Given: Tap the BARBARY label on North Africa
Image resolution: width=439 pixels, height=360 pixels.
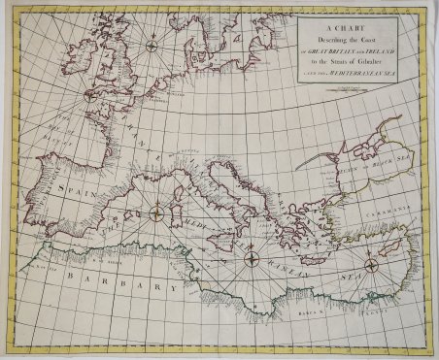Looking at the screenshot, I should tap(125, 288).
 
